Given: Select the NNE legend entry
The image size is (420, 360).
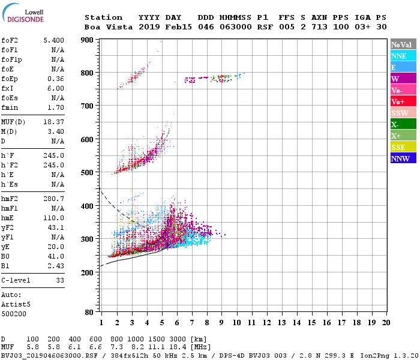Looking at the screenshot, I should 403,56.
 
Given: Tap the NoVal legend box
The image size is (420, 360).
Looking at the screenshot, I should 403,44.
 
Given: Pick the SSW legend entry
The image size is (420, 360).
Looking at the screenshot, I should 403,113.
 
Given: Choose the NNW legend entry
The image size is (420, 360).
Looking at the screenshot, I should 403,158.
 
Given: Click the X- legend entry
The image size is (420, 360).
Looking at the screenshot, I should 403,124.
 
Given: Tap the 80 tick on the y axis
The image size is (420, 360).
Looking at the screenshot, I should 89,312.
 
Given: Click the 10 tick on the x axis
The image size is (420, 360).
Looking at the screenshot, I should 236,323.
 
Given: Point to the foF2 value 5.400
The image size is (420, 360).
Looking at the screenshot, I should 54,40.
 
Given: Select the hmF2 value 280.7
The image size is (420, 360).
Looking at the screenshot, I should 54,199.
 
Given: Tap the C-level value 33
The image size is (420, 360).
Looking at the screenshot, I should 60,280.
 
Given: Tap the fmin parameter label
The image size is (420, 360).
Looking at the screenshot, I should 10,108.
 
